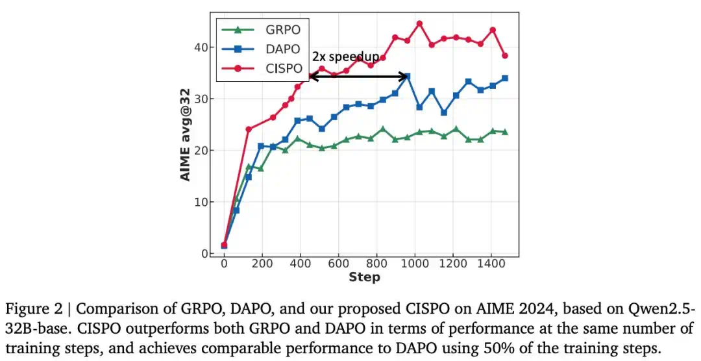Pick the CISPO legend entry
pos(262,68)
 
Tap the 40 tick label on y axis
pos(202,47)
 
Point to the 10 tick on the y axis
pos(202,202)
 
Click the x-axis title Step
pos(364,277)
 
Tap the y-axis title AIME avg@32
pos(185,134)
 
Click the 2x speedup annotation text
pos(345,56)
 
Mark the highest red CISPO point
pos(419,23)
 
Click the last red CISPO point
pos(505,55)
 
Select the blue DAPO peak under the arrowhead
pos(407,77)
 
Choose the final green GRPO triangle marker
pos(505,132)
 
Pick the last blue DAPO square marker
pos(505,79)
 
